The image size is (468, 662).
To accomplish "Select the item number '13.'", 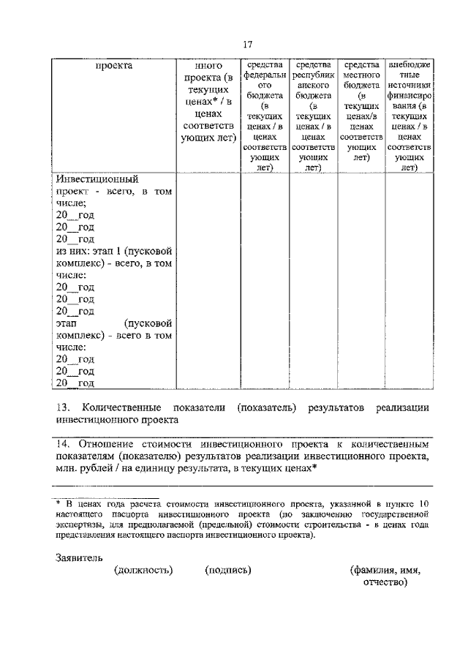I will click(63, 407).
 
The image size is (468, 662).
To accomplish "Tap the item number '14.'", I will click(64, 443).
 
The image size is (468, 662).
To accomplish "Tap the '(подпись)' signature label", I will click(229, 571).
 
